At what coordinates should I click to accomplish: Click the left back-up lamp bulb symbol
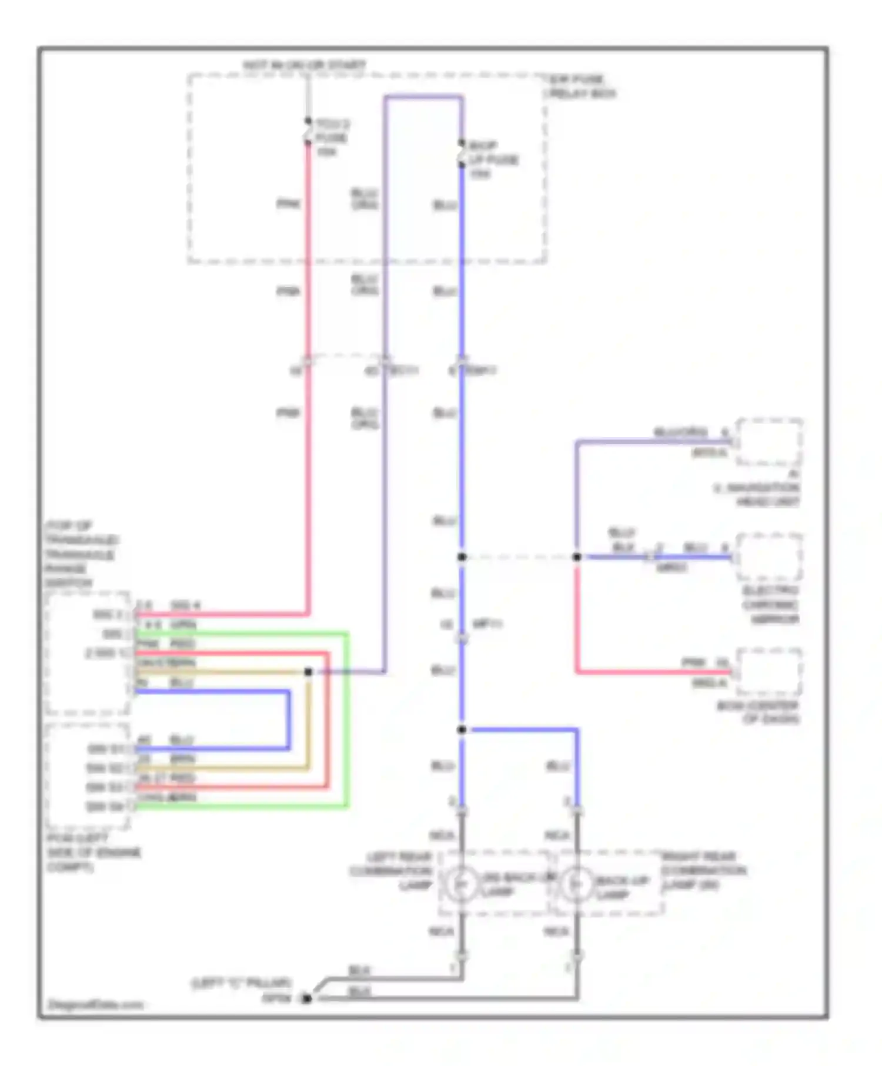461,883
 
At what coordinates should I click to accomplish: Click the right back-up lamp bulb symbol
577,883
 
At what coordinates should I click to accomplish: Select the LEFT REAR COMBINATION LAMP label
392,871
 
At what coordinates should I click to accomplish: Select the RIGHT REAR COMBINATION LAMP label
703,870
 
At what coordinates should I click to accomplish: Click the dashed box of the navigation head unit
769,442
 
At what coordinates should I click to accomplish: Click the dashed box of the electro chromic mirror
769,557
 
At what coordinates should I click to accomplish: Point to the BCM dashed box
769,672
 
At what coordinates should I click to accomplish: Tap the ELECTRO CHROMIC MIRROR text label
770,605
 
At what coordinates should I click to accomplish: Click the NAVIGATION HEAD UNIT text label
759,494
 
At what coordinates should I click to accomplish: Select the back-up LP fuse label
493,159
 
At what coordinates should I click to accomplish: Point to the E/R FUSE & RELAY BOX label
581,86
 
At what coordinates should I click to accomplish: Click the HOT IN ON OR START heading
305,65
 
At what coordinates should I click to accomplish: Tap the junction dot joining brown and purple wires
308,672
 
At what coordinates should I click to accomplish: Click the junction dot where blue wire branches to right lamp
462,730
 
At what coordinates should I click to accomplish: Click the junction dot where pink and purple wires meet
577,557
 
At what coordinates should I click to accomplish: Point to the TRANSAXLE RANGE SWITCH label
81,554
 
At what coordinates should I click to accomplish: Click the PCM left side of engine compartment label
93,852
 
